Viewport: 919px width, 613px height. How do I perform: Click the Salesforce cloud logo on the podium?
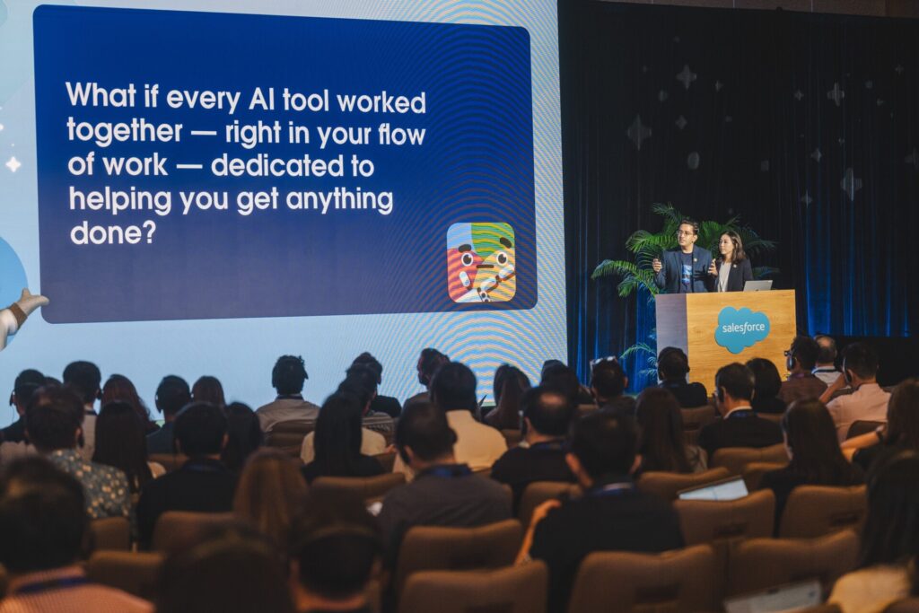(x=741, y=329)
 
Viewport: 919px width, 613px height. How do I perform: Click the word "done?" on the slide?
(x=113, y=232)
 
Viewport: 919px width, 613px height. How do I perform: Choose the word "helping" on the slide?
(x=119, y=201)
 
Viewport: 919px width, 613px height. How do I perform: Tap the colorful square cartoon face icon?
(x=481, y=263)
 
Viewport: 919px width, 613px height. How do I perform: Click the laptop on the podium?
(x=757, y=285)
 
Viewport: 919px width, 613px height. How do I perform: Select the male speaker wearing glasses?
(x=683, y=258)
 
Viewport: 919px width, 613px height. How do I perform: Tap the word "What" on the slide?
(x=101, y=96)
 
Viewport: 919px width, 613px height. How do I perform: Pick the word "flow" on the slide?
(x=401, y=135)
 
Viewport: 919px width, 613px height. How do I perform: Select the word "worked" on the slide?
(x=381, y=102)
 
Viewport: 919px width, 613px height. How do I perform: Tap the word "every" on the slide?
(x=203, y=99)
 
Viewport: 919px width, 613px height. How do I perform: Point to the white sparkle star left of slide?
(x=13, y=164)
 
